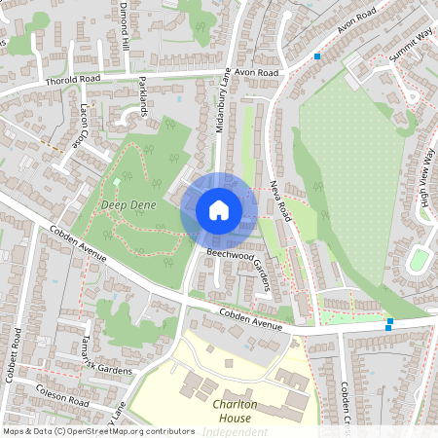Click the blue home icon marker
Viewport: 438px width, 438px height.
click(x=219, y=209)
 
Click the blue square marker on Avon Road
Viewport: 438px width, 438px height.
click(x=317, y=56)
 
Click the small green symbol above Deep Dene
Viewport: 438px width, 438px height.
click(x=116, y=182)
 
